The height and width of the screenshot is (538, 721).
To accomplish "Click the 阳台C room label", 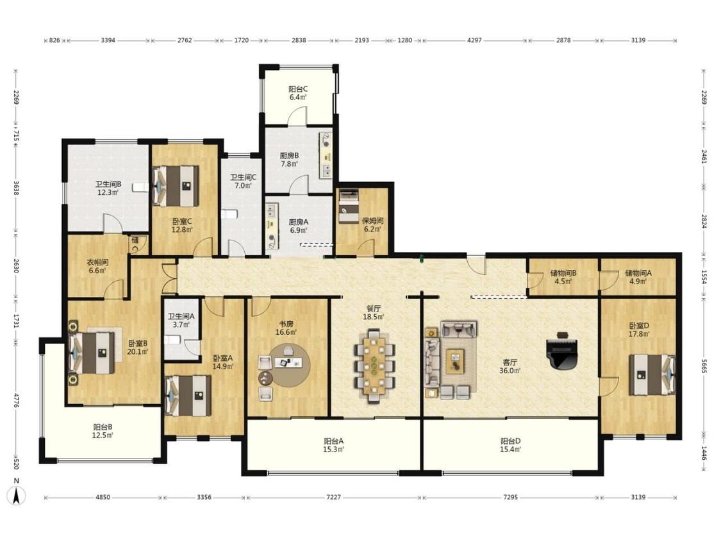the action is pos(298,89).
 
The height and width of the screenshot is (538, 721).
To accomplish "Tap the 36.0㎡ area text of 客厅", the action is pos(510,371).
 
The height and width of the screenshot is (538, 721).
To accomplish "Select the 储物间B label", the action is pos(563,273).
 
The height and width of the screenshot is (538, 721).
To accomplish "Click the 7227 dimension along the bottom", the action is pos(334,498).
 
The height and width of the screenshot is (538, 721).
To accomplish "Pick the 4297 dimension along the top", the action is pos(474,40).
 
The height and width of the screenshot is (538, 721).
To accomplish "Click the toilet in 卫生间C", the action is pos(229,214).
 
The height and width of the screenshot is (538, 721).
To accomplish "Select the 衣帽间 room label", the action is pos(97,262).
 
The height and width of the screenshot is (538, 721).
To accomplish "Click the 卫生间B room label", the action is pos(108,184).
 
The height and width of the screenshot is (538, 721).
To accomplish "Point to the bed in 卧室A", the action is pos(188,396).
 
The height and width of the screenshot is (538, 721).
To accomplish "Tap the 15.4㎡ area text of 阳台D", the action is pos(510,449).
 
